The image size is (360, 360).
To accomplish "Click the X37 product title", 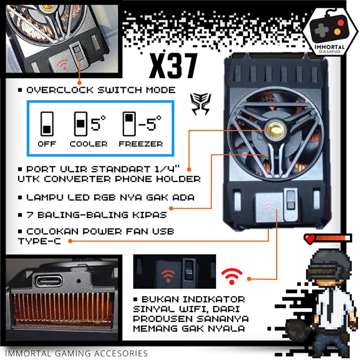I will pyautogui.click(x=173, y=66).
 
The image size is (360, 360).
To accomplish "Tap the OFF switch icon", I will pyautogui.click(x=47, y=124).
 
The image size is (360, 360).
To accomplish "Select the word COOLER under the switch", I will pyautogui.click(x=88, y=144).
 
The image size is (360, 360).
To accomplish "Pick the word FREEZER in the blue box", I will pyautogui.click(x=141, y=144).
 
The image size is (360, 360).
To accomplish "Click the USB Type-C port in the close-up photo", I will pyautogui.click(x=49, y=281).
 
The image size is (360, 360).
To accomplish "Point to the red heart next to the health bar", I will pyautogui.click(x=310, y=238).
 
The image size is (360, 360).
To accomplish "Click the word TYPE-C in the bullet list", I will pyautogui.click(x=39, y=241).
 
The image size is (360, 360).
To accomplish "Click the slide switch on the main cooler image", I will pyautogui.click(x=290, y=199).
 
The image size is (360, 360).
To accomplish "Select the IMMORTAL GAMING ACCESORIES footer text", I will pyautogui.click(x=76, y=353).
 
